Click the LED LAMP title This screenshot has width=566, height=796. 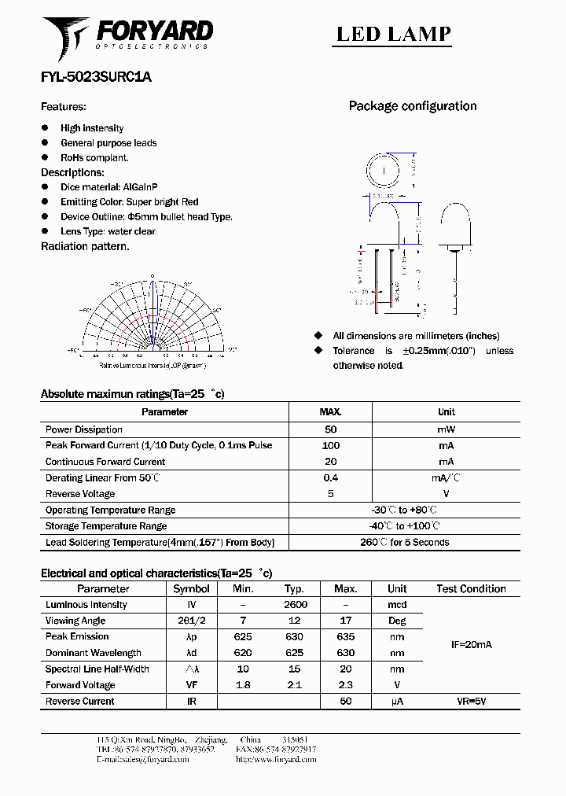[393, 34]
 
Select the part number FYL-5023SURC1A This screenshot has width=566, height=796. [96, 77]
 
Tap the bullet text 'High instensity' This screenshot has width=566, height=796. [92, 128]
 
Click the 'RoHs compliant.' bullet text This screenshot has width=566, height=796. [94, 157]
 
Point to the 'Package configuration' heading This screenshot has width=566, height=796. [413, 106]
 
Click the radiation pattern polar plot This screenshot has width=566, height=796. [153, 319]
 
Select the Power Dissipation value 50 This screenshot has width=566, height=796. [330, 429]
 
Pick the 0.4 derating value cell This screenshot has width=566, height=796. [330, 477]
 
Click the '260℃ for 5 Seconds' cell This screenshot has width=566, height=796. [404, 542]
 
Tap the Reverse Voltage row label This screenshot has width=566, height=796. [80, 494]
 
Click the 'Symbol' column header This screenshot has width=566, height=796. [191, 588]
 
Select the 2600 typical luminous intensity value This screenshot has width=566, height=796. [295, 605]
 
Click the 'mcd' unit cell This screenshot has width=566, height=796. [397, 605]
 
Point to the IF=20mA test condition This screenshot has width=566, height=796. [471, 644]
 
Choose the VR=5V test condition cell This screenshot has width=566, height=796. [471, 701]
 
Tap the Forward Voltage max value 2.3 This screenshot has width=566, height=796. [345, 685]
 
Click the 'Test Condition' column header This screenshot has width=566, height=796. [471, 588]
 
